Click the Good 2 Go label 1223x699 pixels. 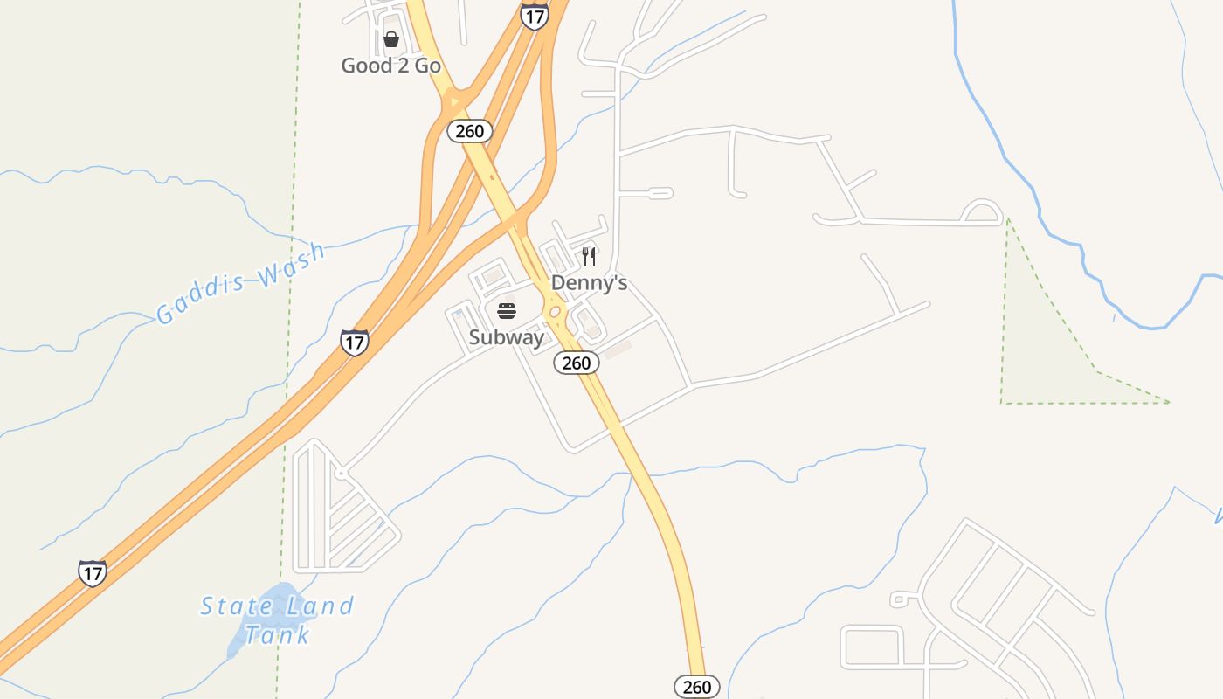coord(390,66)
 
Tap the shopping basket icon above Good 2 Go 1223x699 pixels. coord(391,39)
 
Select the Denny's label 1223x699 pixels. coord(589,283)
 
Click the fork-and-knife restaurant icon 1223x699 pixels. coord(590,256)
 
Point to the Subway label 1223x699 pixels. coord(507,337)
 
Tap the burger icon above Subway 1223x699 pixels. coord(507,311)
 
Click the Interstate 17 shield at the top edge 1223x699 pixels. coord(534,17)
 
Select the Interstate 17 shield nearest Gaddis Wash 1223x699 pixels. coord(354,342)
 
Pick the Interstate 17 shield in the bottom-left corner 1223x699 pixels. coord(92,572)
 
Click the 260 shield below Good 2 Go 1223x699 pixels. coord(470,131)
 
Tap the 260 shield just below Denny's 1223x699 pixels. coord(577,363)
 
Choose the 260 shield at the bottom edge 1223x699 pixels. coord(697,687)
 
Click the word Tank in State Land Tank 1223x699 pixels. coord(277,634)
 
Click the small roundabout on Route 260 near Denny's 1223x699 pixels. coord(554,312)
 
